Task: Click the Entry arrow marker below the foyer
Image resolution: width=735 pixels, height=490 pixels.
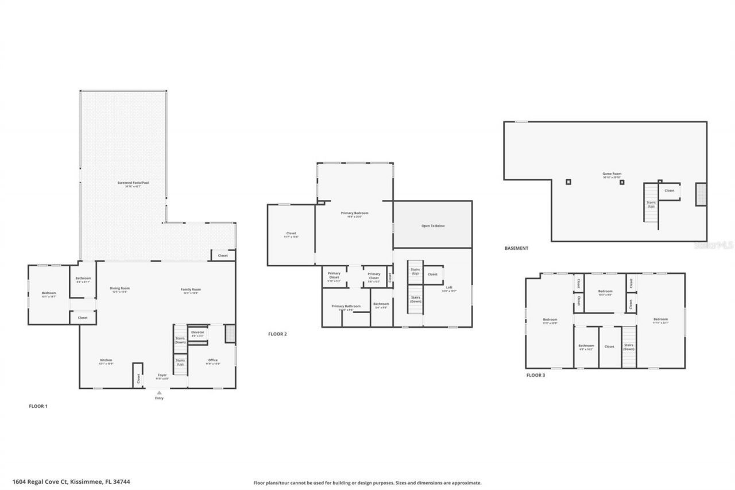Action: click(x=159, y=393)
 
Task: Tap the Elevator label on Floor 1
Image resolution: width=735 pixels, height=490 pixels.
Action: click(x=198, y=333)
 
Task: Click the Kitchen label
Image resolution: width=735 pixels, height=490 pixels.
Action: click(x=105, y=360)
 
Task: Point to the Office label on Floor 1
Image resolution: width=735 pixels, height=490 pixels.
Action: click(x=213, y=360)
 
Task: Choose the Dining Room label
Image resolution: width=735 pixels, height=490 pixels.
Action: click(x=120, y=288)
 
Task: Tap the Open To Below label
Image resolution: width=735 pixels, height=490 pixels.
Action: click(x=433, y=226)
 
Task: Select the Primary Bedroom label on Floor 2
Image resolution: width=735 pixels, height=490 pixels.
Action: click(x=354, y=213)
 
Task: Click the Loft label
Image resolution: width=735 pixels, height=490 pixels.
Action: click(x=449, y=287)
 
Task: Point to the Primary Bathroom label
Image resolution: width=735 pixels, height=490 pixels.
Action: click(x=346, y=306)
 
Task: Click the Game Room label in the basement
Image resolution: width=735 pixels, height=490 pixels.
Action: click(x=612, y=173)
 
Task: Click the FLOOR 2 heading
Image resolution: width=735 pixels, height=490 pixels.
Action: click(x=277, y=334)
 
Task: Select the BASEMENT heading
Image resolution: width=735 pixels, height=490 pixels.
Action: click(x=516, y=248)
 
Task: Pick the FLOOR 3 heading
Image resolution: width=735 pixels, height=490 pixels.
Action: click(x=536, y=375)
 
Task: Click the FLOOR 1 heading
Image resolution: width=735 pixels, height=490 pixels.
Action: click(x=38, y=406)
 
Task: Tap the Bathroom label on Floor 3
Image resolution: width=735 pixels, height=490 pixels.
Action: click(x=586, y=346)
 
